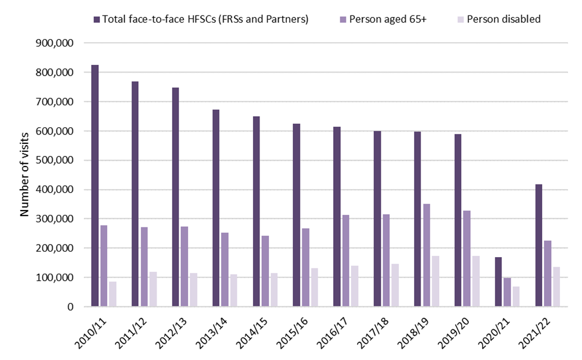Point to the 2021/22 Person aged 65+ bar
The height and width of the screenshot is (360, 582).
point(547,274)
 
